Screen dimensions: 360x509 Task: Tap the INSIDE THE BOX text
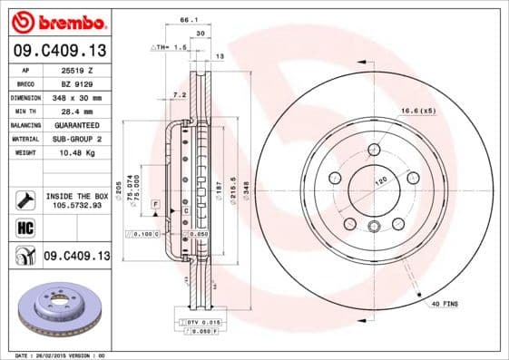pyautogui.click(x=75, y=196)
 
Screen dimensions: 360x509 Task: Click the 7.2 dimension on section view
pyautogui.click(x=178, y=93)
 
